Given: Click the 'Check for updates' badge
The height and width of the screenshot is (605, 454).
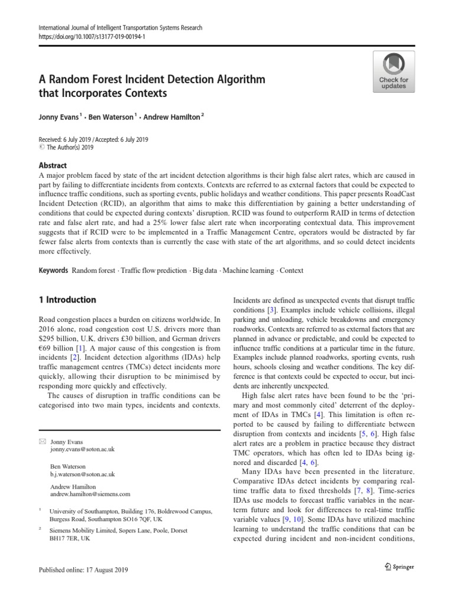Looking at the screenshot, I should pyautogui.click(x=393, y=71).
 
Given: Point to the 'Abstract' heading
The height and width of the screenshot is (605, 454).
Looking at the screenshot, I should pyautogui.click(x=53, y=165).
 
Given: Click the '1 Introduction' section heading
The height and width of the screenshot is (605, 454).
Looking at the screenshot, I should pyautogui.click(x=67, y=300).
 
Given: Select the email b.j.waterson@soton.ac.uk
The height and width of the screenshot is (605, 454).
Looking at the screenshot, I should pyautogui.click(x=83, y=474).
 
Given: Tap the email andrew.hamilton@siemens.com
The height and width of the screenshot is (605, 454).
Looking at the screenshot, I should pyautogui.click(x=90, y=494).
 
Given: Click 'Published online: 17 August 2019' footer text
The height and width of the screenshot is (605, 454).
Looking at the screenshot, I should pyautogui.click(x=83, y=570).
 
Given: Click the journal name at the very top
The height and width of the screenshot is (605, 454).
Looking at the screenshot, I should pyautogui.click(x=121, y=28).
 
